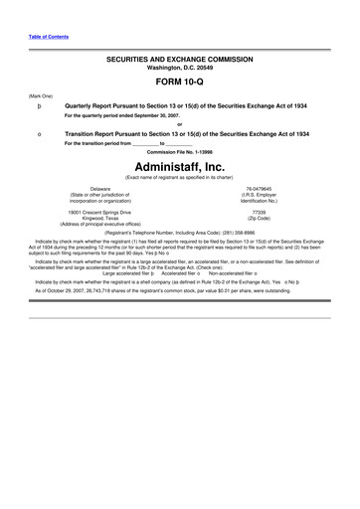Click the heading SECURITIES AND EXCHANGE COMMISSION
click(179, 60)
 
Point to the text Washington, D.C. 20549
click(179, 69)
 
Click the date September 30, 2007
click(159, 114)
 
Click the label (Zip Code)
click(259, 218)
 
